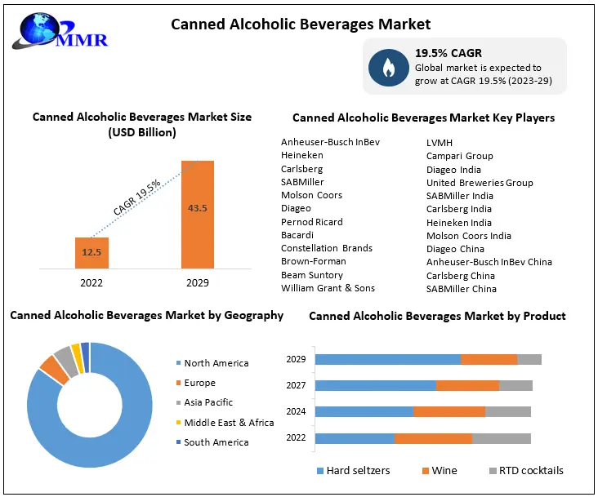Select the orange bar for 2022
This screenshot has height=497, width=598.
tap(91, 252)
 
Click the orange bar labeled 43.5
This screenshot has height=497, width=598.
tap(197, 214)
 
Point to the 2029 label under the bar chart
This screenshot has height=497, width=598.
tap(197, 283)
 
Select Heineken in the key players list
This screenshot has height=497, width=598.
tap(302, 155)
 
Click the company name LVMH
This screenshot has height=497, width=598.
tap(440, 143)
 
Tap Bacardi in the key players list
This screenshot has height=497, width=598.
tap(297, 235)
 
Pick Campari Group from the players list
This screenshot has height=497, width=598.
tap(460, 156)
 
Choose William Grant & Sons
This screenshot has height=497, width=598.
tap(328, 288)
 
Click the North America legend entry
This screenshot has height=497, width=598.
tap(216, 363)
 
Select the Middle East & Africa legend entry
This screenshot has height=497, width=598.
tap(229, 423)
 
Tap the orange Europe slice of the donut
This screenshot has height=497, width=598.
tap(54, 369)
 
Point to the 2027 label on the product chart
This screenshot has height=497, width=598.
tap(296, 386)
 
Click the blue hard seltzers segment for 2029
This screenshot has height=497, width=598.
tap(387, 359)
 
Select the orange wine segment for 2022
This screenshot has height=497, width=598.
tap(433, 438)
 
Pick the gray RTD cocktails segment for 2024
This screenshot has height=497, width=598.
tap(507, 412)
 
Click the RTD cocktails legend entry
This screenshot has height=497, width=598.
tap(530, 470)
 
